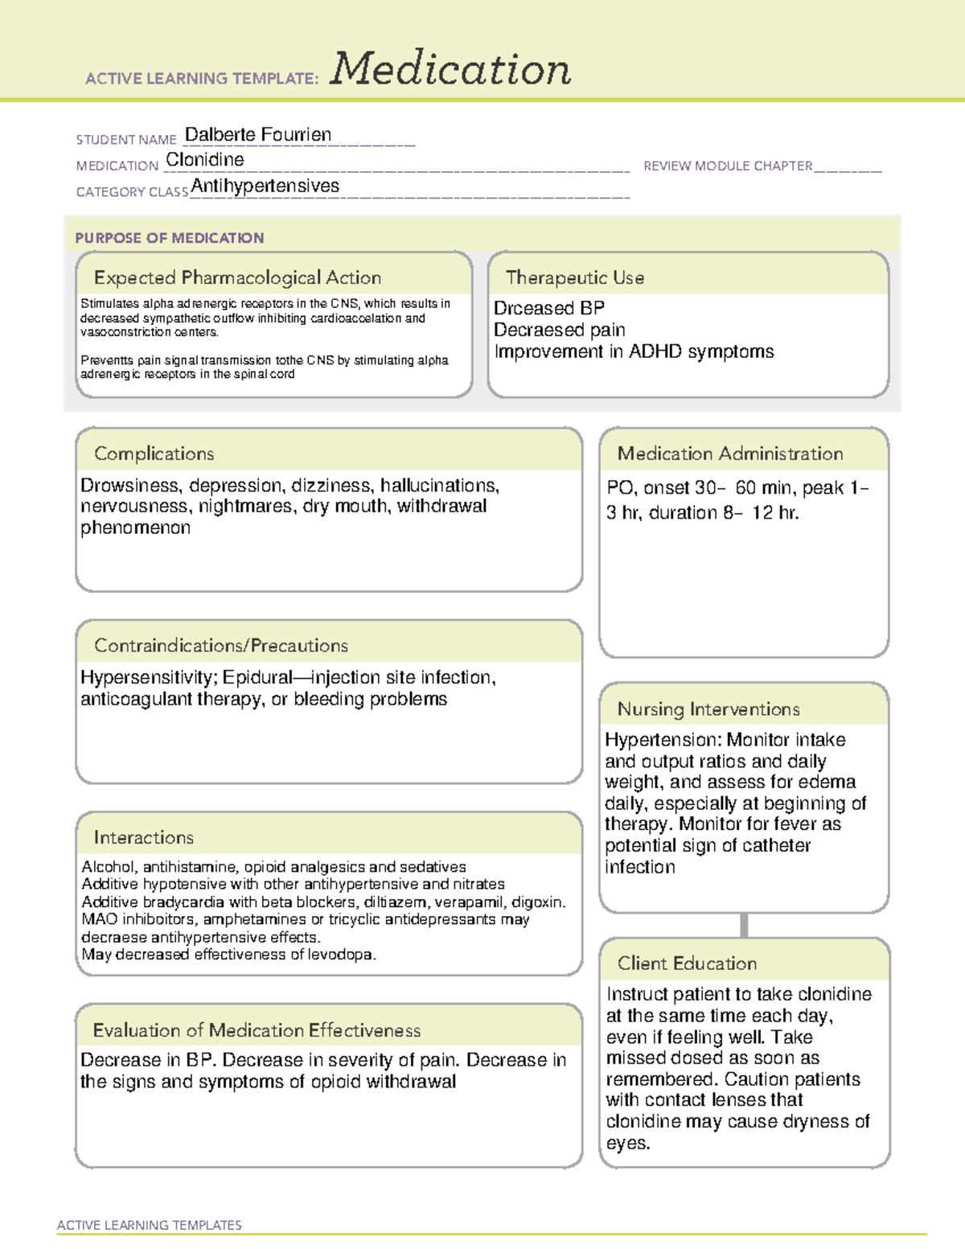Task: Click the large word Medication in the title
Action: coord(450,69)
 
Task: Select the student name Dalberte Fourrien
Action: coord(258,134)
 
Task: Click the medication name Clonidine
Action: coord(205,160)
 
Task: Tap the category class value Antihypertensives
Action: coord(265,186)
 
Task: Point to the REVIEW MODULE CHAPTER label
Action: coord(728,166)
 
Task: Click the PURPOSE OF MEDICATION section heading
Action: coord(170,238)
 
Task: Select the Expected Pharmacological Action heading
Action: coord(237,277)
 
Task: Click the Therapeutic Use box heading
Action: coord(575,277)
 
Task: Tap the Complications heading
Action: coord(154,454)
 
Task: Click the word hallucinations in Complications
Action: coord(439,486)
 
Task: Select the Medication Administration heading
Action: coord(730,454)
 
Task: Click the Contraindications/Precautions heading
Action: coord(221,646)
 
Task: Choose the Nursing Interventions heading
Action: coord(708,709)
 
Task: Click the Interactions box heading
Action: coord(144,838)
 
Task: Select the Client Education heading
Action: coord(688,963)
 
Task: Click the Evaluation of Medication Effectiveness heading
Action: coord(257,1030)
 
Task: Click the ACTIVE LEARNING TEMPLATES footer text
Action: coord(150,1225)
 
